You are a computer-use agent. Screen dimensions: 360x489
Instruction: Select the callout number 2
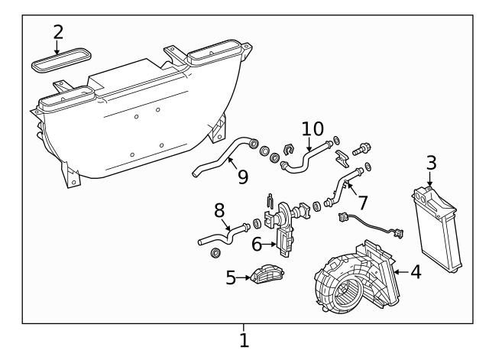pos(58,33)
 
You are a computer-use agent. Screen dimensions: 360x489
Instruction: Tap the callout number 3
pos(431,163)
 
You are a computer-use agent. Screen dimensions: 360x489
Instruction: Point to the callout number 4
pos(415,271)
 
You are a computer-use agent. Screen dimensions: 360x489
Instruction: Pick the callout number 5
pos(231,277)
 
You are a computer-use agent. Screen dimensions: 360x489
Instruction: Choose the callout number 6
pos(257,244)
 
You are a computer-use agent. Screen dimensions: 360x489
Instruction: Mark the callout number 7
pos(363,203)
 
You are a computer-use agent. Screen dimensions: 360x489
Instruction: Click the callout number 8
pos(219,210)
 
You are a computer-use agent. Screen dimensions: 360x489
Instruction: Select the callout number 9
pos(242,177)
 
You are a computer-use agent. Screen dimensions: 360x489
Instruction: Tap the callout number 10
pos(313,129)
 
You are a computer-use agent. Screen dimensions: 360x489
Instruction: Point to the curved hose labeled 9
pos(222,157)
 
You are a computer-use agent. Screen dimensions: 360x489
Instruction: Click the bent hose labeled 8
pos(222,233)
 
